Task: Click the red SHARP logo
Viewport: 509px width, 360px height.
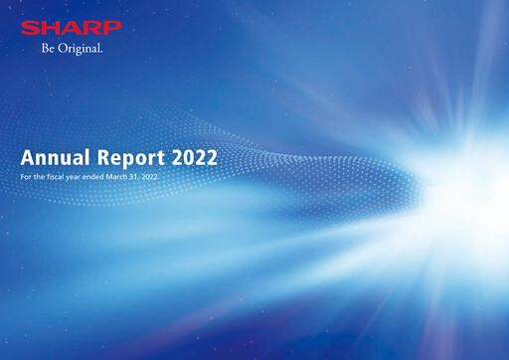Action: pos(71,27)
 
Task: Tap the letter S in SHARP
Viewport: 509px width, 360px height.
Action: pos(30,27)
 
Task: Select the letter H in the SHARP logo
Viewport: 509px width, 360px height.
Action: pos(50,27)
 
